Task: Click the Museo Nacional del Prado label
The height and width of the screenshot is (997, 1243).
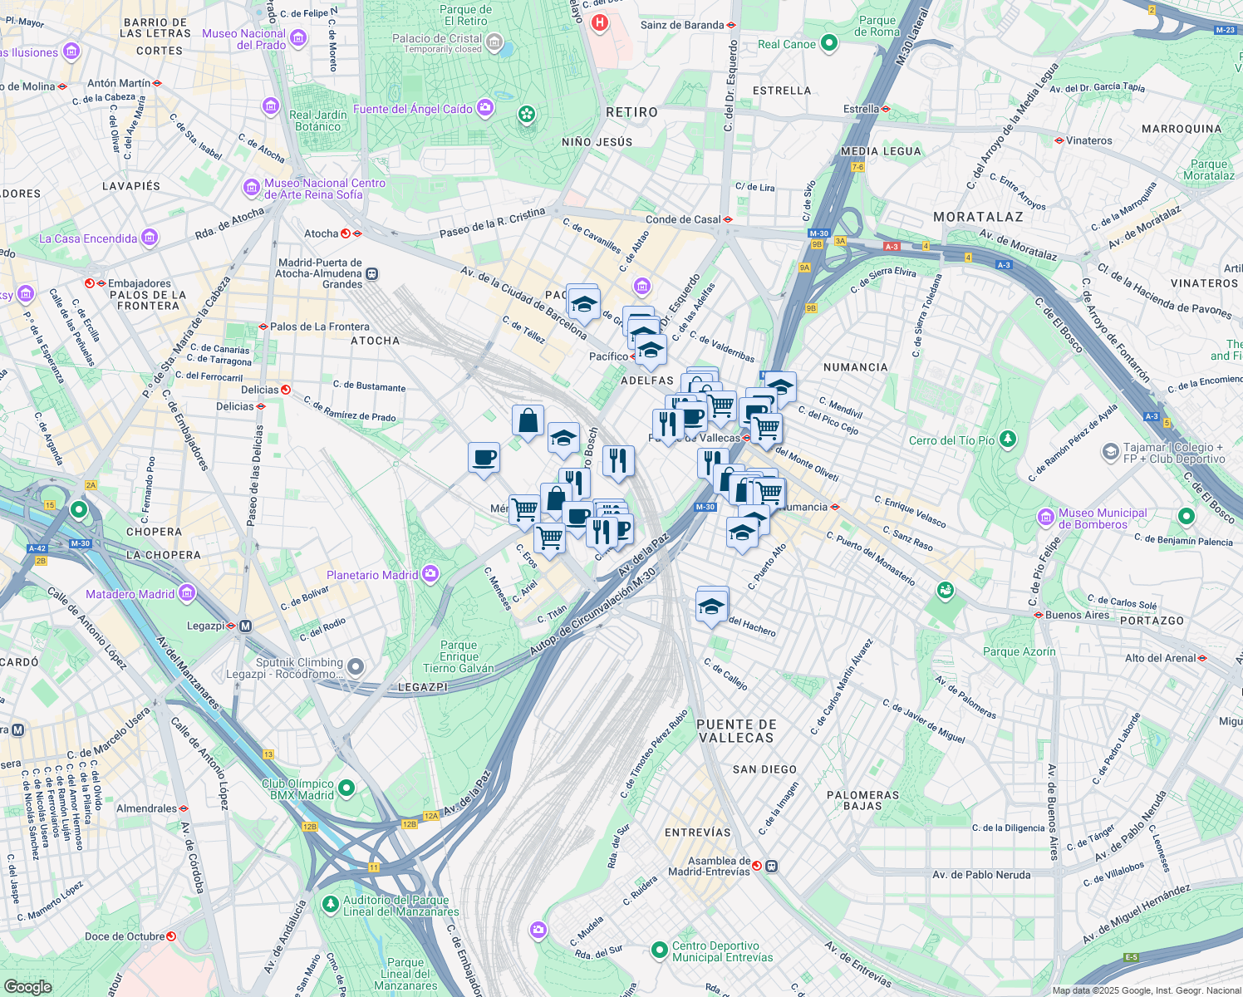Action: click(x=244, y=39)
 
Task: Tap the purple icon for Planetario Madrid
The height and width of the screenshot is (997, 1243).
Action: click(x=430, y=574)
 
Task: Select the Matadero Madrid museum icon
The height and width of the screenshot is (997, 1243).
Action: click(x=187, y=593)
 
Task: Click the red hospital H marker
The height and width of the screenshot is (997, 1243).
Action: click(x=599, y=22)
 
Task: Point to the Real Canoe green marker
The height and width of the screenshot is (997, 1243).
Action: click(x=828, y=43)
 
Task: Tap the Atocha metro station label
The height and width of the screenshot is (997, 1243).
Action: click(x=321, y=233)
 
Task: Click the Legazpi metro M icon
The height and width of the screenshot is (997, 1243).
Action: click(x=245, y=626)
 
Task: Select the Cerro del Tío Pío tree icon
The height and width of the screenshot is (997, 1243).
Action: click(x=1007, y=439)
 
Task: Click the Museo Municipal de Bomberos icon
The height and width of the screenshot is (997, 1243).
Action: click(x=1046, y=518)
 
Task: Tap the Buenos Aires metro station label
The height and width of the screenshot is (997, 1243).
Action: click(x=1077, y=615)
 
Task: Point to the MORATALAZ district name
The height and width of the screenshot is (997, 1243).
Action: click(x=978, y=217)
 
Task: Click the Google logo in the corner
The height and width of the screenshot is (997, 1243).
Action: click(x=27, y=986)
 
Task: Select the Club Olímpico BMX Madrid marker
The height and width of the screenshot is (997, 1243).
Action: click(x=347, y=788)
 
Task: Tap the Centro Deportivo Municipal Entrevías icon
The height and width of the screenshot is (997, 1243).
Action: click(x=659, y=950)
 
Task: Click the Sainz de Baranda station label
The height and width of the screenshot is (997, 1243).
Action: click(x=682, y=25)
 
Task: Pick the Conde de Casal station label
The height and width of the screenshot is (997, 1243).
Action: click(x=683, y=219)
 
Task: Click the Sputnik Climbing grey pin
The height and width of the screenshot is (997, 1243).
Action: click(x=356, y=666)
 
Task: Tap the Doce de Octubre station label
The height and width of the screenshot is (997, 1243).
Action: click(x=125, y=936)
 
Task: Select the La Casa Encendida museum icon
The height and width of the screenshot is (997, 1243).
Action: click(x=150, y=238)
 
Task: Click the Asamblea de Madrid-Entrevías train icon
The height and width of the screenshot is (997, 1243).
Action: click(x=772, y=866)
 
